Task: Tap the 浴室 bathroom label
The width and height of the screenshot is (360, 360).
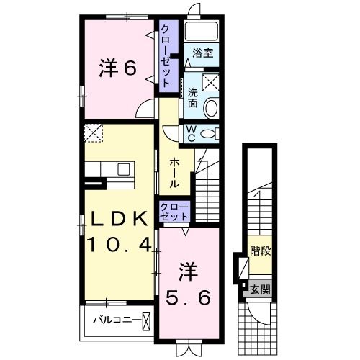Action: coord(202,52)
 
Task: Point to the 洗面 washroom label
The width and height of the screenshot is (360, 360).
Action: coord(193,97)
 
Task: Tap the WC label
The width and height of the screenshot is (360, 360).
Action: coord(192,133)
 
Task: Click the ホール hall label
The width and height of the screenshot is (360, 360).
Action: coord(174,174)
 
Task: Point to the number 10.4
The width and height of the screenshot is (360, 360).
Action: coord(120,245)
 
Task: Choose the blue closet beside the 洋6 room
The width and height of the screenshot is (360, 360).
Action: coord(166,56)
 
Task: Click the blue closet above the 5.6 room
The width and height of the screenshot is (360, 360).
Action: coord(175,212)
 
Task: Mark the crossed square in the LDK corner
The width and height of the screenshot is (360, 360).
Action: coord(94,133)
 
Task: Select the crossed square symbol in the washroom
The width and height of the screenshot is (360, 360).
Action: coord(212,83)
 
